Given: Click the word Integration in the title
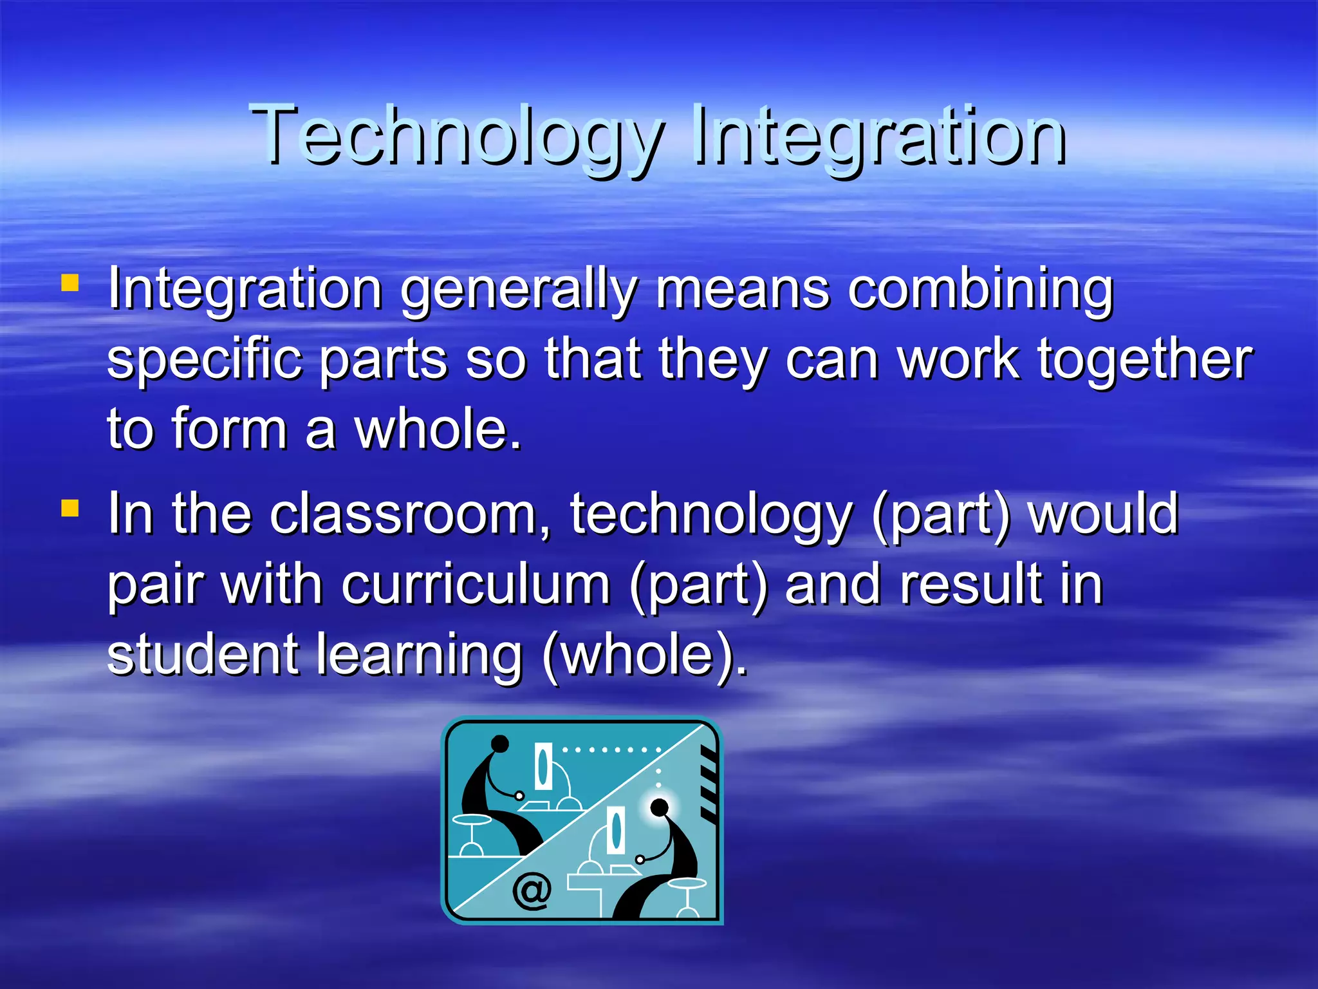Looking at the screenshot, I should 878,135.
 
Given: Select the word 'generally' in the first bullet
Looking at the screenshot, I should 519,290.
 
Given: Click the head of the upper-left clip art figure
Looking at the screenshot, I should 500,744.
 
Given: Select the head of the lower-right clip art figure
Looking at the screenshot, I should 659,807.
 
